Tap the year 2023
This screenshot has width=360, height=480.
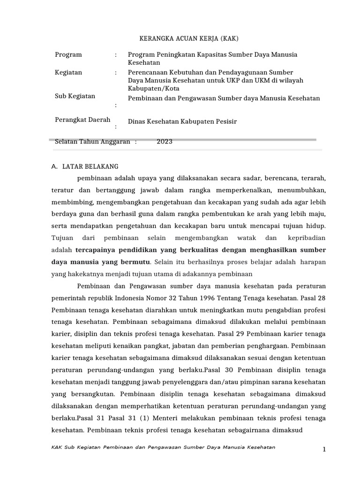[x=165, y=142]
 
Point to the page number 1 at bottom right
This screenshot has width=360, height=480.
[x=323, y=450]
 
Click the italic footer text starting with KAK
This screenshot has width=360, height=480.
[x=163, y=447]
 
